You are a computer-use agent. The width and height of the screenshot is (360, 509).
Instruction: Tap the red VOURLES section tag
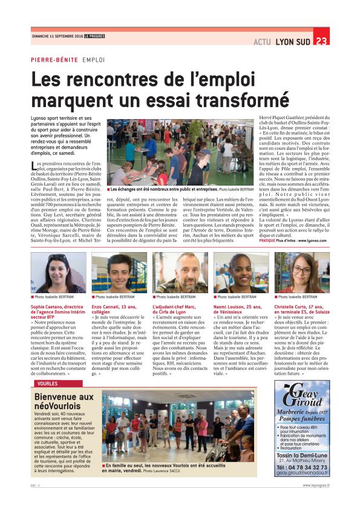tap(47, 383)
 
